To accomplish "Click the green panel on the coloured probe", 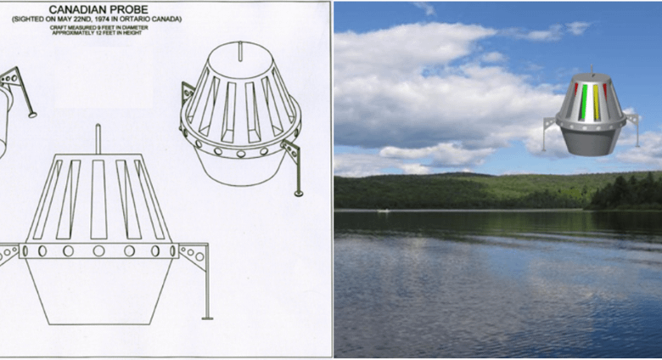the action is [x=584, y=101].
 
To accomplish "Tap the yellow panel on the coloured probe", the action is [x=596, y=102].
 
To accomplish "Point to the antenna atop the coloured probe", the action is [x=592, y=70].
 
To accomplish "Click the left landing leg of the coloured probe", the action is [x=547, y=132].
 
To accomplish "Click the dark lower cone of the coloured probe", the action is [x=589, y=141].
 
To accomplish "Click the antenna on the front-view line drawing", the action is [x=98, y=139].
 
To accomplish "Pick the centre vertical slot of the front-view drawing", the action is [x=98, y=200].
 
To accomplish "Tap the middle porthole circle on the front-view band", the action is [x=98, y=251].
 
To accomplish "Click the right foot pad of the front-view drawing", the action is [x=207, y=318].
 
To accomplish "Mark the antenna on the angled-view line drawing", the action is [x=240, y=52].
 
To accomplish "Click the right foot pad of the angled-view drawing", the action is [x=299, y=194].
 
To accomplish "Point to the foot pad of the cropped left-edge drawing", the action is [x=32, y=114].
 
